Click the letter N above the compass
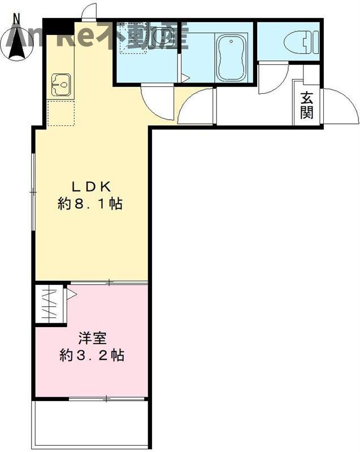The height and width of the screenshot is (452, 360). coord(17,18)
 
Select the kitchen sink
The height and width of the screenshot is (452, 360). coord(60,85)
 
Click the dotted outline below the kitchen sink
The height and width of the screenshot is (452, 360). coord(61,112)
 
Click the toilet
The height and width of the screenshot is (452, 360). coord(297,42)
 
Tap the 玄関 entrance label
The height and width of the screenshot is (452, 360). coord(307,105)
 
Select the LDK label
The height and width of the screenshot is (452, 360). coord(92,186)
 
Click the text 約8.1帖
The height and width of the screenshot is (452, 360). coord(91,204)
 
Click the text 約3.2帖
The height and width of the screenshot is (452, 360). coord(92,356)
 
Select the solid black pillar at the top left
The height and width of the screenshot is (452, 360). coord(58,27)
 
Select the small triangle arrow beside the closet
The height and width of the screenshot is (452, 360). coord(72,294)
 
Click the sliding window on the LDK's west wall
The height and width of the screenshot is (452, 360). coord(33,192)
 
